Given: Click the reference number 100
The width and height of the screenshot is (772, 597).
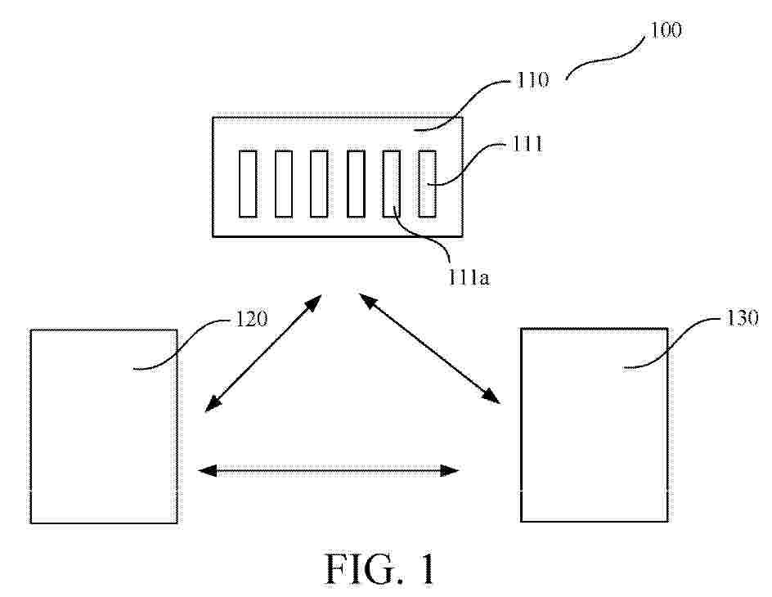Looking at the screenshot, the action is pyautogui.click(x=666, y=30).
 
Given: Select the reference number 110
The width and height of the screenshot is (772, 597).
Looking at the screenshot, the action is pyautogui.click(x=532, y=79).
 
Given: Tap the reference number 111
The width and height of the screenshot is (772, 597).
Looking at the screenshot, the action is pyautogui.click(x=527, y=144).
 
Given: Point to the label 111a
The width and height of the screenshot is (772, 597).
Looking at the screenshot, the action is pyautogui.click(x=469, y=278).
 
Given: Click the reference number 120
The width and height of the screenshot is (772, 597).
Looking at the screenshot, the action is pyautogui.click(x=252, y=319).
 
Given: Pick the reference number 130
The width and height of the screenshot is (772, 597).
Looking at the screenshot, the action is pyautogui.click(x=742, y=318).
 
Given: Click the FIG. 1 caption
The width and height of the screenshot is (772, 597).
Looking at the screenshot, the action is pyautogui.click(x=380, y=568).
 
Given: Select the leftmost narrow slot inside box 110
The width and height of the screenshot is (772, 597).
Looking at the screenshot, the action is pyautogui.click(x=248, y=183).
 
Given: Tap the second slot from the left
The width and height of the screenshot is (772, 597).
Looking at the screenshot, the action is pyautogui.click(x=284, y=183).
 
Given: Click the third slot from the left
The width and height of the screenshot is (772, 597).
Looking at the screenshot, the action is pyautogui.click(x=319, y=183).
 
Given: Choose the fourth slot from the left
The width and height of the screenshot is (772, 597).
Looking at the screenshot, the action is pyautogui.click(x=356, y=183).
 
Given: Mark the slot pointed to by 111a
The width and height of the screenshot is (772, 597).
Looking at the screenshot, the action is pyautogui.click(x=392, y=183).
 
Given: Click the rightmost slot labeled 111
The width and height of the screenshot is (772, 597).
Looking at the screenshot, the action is pyautogui.click(x=428, y=183).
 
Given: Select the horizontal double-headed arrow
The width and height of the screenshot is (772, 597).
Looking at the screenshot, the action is pyautogui.click(x=329, y=471).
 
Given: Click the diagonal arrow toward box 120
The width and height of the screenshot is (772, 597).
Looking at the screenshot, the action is pyautogui.click(x=263, y=353).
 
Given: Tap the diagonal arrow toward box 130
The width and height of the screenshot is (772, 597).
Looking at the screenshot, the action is pyautogui.click(x=429, y=348).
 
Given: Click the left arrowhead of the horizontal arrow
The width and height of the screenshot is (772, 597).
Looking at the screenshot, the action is pyautogui.click(x=207, y=471).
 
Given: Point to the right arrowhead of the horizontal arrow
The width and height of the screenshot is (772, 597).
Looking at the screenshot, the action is pyautogui.click(x=450, y=471).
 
